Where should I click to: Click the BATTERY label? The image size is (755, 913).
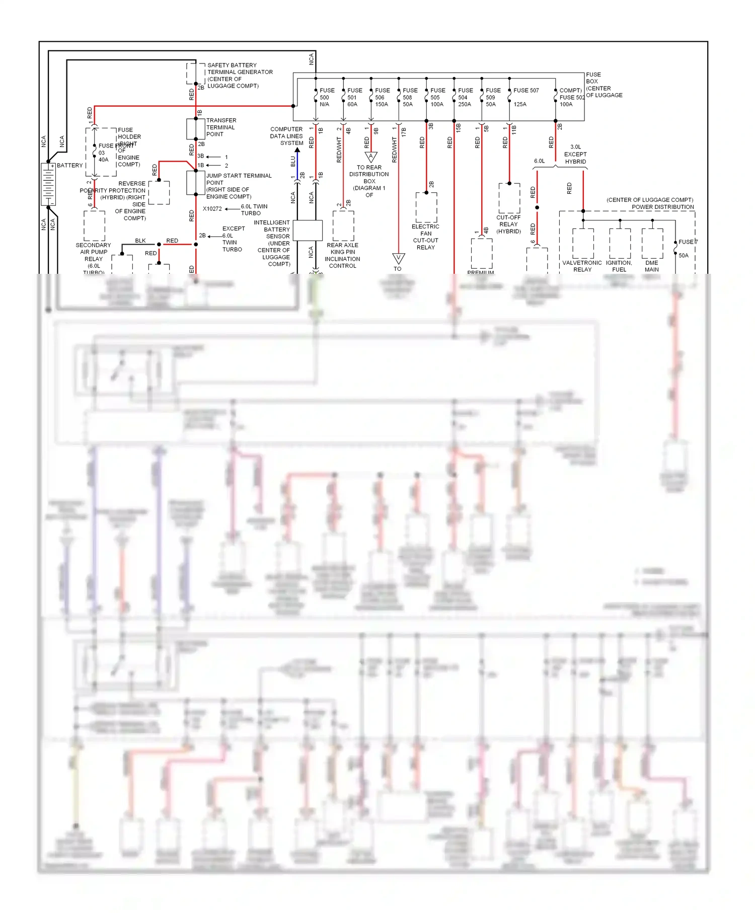pyautogui.click(x=69, y=166)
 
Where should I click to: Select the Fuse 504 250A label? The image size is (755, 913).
pyautogui.click(x=465, y=98)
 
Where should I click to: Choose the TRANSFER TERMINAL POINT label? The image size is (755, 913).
pyautogui.click(x=221, y=127)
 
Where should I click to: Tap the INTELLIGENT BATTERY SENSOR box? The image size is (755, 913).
pyautogui.click(x=308, y=231)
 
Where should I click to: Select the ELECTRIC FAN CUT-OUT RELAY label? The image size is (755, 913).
pyautogui.click(x=425, y=237)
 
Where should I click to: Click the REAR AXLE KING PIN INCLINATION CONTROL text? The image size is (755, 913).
pyautogui.click(x=342, y=256)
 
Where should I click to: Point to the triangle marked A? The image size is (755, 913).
pyautogui.click(x=370, y=157)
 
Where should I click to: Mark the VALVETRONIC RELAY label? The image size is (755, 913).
pyautogui.click(x=582, y=266)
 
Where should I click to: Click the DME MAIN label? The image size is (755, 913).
pyautogui.click(x=651, y=266)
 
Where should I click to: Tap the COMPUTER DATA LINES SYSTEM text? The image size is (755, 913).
pyautogui.click(x=286, y=136)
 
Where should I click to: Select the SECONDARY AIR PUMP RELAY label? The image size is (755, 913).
pyautogui.click(x=93, y=255)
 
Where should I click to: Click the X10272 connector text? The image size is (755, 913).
pyautogui.click(x=212, y=209)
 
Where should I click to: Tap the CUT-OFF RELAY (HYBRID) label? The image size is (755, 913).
pyautogui.click(x=508, y=224)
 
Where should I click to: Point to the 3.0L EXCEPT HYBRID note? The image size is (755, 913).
pyautogui.click(x=575, y=155)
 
